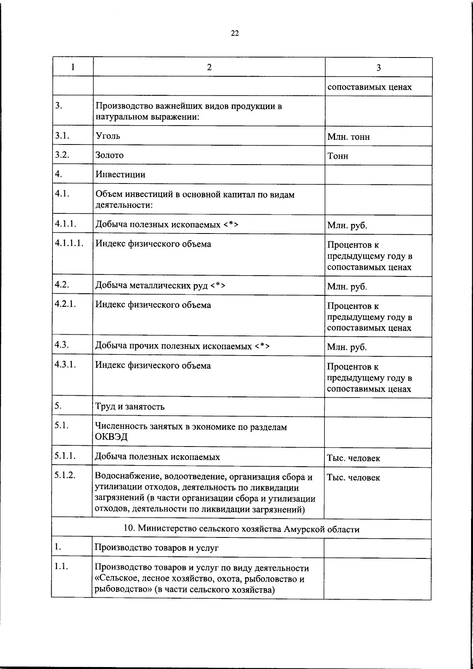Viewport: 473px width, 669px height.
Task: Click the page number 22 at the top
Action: coord(235,33)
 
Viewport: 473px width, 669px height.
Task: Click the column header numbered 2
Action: coord(209,67)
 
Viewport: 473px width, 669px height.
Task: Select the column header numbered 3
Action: coord(378,67)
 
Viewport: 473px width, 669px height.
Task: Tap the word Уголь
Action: coord(108,136)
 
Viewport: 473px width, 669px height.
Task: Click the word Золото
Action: coord(109,155)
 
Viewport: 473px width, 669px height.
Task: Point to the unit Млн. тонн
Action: coord(348,137)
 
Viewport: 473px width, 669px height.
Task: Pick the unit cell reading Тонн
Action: coord(338,156)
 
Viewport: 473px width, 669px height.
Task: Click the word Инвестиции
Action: coord(120,174)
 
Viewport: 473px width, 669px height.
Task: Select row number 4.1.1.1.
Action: coord(69,243)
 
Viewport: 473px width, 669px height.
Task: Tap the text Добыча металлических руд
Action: coord(151,285)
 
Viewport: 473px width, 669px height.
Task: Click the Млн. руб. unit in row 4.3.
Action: coord(347,347)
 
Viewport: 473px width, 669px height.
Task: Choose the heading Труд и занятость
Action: coord(130,407)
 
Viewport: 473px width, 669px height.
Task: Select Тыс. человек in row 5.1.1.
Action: coord(353,458)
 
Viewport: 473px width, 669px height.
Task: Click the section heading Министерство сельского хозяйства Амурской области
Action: coord(242,529)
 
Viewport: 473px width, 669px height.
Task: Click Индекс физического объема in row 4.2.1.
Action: coord(153,305)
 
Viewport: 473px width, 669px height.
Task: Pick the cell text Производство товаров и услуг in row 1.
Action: coord(156,548)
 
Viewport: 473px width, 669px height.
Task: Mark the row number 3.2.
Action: coord(62,154)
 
